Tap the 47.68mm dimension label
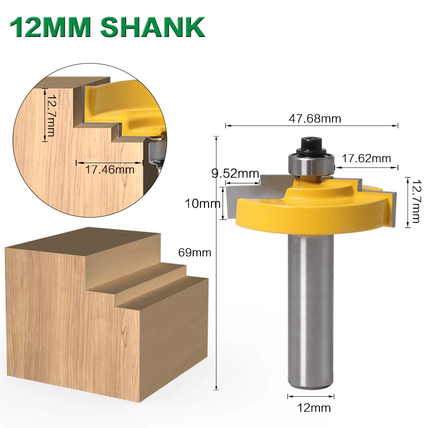tap(315, 118)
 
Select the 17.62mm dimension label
tap(366, 159)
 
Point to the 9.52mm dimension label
tap(235, 173)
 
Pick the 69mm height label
tap(195, 252)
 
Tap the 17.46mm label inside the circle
tap(110, 169)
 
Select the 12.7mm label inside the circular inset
tap(50, 115)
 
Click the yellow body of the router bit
tap(315, 212)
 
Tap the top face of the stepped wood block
tap(86, 246)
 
